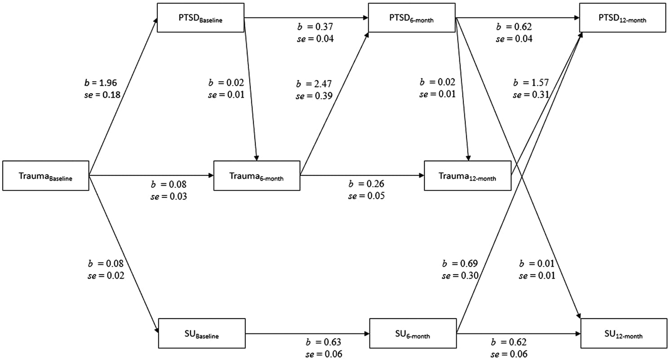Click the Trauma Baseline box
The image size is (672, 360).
(x=45, y=175)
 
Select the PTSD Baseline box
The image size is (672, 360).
(x=200, y=18)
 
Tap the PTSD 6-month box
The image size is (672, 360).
(x=412, y=18)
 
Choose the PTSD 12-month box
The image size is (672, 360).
(x=623, y=18)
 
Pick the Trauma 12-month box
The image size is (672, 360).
(x=467, y=175)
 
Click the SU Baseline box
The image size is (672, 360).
(x=201, y=333)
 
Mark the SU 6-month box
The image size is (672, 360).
(x=413, y=333)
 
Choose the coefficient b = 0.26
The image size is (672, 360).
(x=366, y=184)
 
